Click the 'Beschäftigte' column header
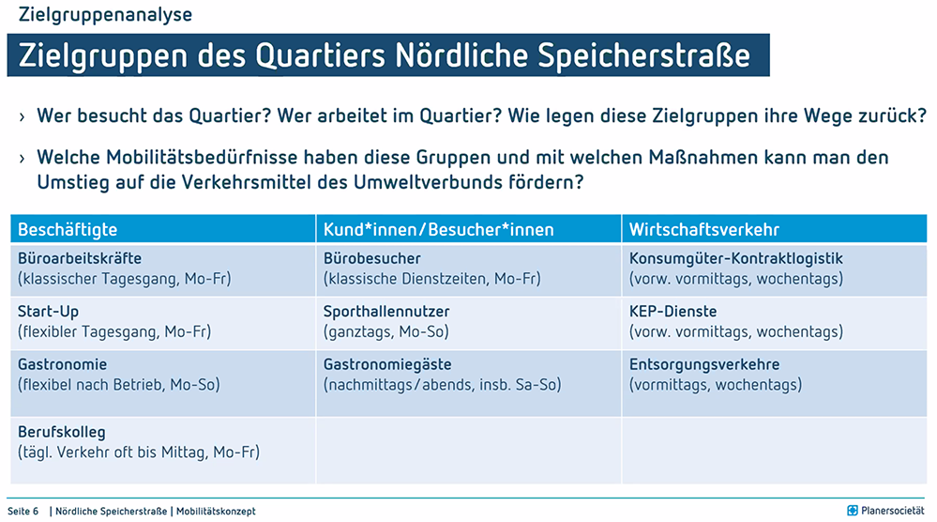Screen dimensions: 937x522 68,230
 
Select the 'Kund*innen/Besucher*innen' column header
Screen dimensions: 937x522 439,230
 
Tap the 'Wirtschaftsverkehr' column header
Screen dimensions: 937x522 704,230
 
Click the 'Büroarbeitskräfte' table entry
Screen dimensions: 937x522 80,258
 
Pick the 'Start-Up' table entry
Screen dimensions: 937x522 49,312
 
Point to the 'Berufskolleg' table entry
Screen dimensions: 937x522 62,432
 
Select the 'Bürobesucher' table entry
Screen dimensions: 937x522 371,258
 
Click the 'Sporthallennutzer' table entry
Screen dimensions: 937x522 386,312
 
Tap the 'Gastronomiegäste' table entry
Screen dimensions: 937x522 387,364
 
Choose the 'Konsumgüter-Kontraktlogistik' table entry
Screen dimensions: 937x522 736,258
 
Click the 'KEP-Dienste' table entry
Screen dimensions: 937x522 673,312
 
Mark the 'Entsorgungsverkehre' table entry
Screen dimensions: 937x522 704,364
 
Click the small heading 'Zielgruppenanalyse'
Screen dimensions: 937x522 105,14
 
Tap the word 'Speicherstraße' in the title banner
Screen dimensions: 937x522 643,55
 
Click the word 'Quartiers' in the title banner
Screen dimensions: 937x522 320,55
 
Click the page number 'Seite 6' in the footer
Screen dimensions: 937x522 23,512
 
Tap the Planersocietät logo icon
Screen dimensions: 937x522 853,511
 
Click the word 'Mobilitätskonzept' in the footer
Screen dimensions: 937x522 216,512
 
